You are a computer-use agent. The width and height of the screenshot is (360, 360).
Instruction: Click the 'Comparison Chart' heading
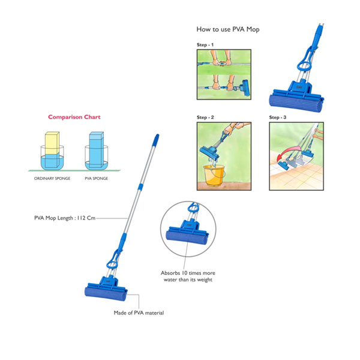[x=74, y=117]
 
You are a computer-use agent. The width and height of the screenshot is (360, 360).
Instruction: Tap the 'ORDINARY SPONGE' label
[x=52, y=178]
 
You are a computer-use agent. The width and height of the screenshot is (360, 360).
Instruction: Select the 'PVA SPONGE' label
[x=97, y=178]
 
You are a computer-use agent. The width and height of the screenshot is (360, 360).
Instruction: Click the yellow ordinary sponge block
[x=52, y=143]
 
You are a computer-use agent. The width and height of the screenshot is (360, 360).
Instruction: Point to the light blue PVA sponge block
[x=96, y=149]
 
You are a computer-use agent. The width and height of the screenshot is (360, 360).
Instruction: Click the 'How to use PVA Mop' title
[x=228, y=29]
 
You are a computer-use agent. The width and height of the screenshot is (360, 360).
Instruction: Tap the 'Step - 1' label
[x=205, y=45]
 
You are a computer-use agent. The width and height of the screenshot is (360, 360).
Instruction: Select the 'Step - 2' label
[x=205, y=118]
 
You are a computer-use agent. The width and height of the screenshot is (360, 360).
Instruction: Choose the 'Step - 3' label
[x=278, y=118]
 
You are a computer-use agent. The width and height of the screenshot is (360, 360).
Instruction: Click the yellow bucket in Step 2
[x=214, y=175]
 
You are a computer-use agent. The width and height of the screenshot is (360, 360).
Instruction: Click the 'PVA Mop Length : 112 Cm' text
[x=65, y=218]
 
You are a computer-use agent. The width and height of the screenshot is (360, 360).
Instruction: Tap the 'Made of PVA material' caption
[x=139, y=313]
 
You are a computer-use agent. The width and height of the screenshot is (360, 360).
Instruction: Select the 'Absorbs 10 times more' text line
[x=188, y=273]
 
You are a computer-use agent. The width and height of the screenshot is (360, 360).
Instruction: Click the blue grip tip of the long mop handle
[x=156, y=140]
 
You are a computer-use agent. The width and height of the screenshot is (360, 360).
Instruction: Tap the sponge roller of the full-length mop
[x=106, y=294]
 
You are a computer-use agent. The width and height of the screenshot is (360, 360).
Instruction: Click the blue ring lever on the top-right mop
[x=304, y=65]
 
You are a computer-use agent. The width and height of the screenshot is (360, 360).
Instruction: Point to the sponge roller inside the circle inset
[x=187, y=239]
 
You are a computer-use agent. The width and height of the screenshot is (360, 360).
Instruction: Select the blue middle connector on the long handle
[x=140, y=187]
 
